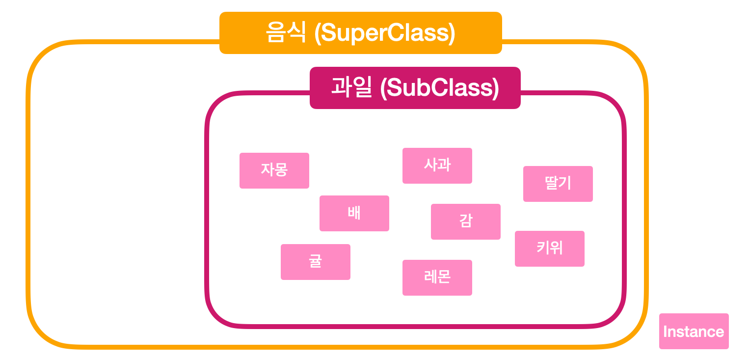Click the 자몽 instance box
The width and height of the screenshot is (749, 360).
274,170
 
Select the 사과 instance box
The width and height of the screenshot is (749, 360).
437,166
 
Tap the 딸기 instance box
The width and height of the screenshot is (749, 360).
558,184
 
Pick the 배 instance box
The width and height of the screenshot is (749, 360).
354,213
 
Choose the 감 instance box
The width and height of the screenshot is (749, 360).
465,222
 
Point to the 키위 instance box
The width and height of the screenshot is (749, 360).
549,249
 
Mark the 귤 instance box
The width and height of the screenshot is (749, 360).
315,262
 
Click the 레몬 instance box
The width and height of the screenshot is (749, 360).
437,277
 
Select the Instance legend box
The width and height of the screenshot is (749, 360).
694,331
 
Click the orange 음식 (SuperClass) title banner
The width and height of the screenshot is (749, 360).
360,33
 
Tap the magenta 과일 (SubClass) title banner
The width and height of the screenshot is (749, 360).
415,88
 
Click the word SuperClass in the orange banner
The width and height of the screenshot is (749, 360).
385,33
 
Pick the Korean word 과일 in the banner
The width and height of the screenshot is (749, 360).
352,88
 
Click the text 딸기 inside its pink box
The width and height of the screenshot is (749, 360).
558,184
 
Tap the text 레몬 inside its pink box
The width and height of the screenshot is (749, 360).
437,277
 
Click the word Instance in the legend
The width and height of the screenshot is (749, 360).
694,332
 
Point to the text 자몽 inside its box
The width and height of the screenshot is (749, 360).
274,170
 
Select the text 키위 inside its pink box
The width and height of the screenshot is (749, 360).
549,249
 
